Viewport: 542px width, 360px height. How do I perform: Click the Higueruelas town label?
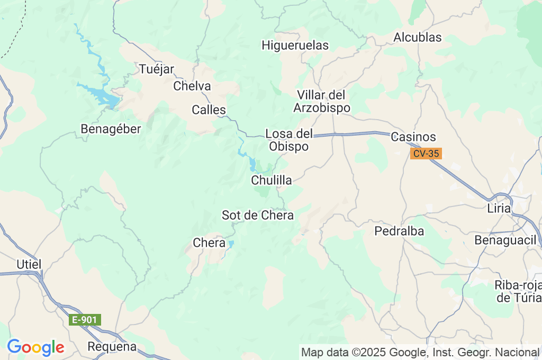295,46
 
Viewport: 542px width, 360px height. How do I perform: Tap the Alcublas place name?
418,37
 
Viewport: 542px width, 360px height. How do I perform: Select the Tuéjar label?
157,69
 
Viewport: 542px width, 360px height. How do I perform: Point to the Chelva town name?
192,86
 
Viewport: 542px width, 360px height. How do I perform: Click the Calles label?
209,110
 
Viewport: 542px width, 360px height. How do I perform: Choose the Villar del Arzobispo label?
321,102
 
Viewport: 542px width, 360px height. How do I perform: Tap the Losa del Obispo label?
289,140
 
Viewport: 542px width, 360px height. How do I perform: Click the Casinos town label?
413,137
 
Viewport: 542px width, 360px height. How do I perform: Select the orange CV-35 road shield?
426,154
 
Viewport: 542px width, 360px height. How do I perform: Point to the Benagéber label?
111,129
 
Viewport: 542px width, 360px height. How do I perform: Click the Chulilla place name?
271,181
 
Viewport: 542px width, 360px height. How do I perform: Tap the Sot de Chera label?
258,215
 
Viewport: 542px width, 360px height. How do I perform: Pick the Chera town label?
205,243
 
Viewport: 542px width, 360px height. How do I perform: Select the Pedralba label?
399,231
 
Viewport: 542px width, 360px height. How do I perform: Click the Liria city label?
499,209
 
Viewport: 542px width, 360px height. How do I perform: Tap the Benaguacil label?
505,239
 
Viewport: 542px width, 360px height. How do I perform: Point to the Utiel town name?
29,264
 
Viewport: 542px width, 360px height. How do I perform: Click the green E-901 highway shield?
85,320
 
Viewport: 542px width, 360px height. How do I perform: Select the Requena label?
112,347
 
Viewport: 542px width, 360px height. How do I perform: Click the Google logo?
35,347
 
